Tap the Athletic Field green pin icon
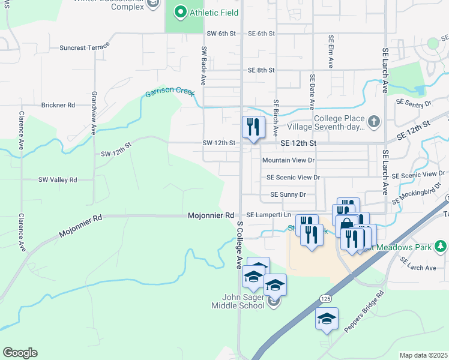point(179,13)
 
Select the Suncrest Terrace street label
point(85,46)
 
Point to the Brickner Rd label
point(58,105)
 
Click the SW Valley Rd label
point(58,179)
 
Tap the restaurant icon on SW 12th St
point(253,127)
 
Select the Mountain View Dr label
point(288,160)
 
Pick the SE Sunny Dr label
point(288,194)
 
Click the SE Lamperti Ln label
point(269,215)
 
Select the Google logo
point(20,353)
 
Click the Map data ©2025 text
point(423,355)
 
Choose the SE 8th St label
point(261,70)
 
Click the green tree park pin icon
point(441,246)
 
